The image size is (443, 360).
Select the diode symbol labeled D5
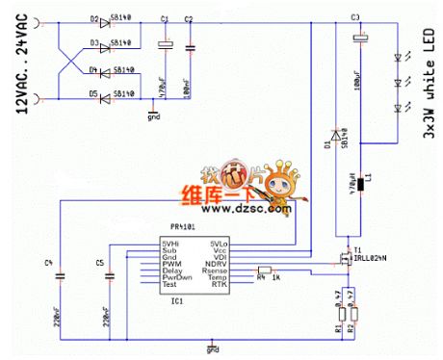107,94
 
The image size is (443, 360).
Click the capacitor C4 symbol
59,276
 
